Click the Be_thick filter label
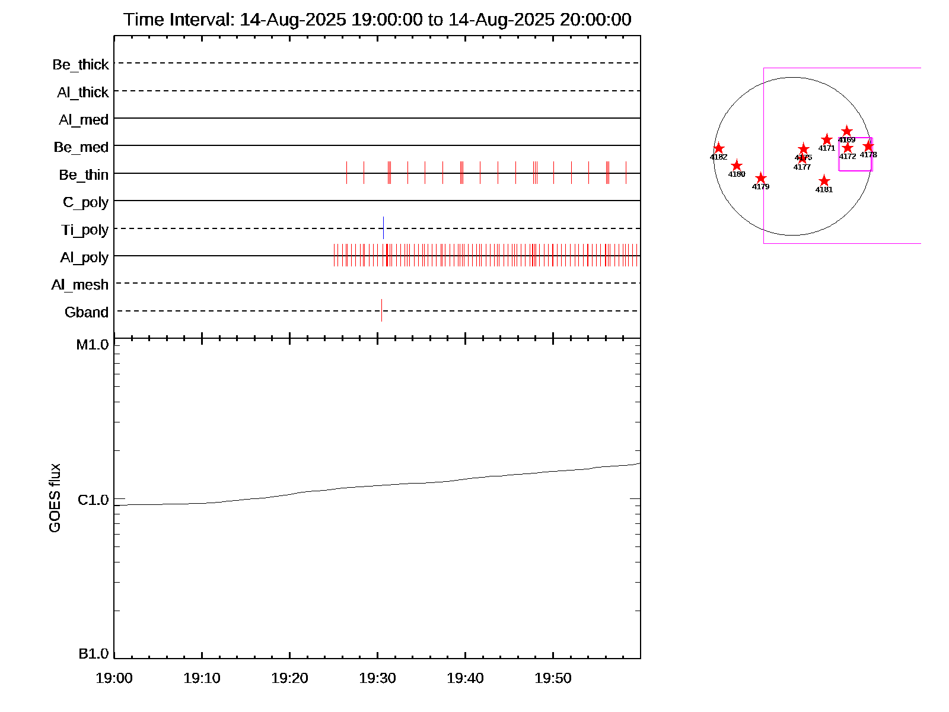tap(81, 65)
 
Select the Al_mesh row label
tap(80, 285)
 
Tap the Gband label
tap(87, 312)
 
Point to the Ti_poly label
tap(85, 230)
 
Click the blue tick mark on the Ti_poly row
tap(383, 228)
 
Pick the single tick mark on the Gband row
tap(381, 310)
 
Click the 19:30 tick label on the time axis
tap(377, 678)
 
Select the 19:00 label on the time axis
tap(114, 678)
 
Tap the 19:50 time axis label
tap(553, 678)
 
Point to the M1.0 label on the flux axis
tap(93, 345)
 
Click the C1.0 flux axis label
tap(93, 500)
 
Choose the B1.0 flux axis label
tap(93, 654)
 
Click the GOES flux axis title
tap(55, 498)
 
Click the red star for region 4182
tap(718, 148)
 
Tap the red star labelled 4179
tap(761, 178)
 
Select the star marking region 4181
tap(824, 181)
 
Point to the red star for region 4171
tap(827, 139)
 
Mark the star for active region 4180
tap(737, 166)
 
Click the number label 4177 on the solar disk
tap(802, 167)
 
